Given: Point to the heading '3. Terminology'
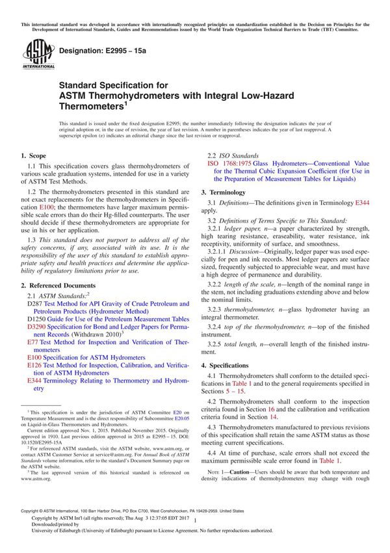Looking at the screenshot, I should coord(227,193).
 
